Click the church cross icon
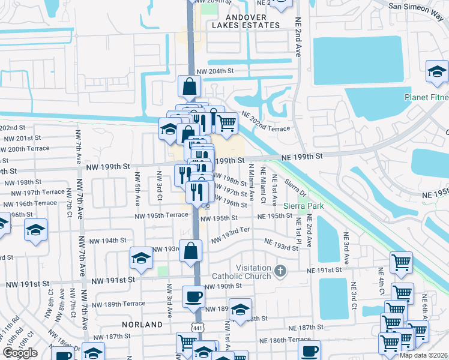[x=280, y=272]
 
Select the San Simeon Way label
[x=417, y=8]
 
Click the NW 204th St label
[x=214, y=71]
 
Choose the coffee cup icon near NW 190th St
[x=193, y=296]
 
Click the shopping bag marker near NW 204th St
[x=189, y=86]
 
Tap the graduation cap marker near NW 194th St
[x=142, y=258]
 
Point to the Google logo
[x=20, y=353]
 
